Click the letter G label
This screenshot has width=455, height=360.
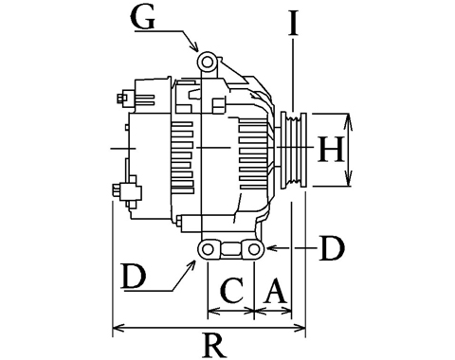144,18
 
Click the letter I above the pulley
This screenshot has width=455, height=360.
293,23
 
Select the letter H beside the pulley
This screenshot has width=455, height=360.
331,149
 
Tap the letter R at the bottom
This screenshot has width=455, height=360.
215,345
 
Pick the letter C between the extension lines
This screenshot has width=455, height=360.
232,290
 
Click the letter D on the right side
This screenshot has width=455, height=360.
332,248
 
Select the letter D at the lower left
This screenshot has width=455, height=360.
135,277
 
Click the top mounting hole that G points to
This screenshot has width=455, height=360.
208,63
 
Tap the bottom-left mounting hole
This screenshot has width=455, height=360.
208,249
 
